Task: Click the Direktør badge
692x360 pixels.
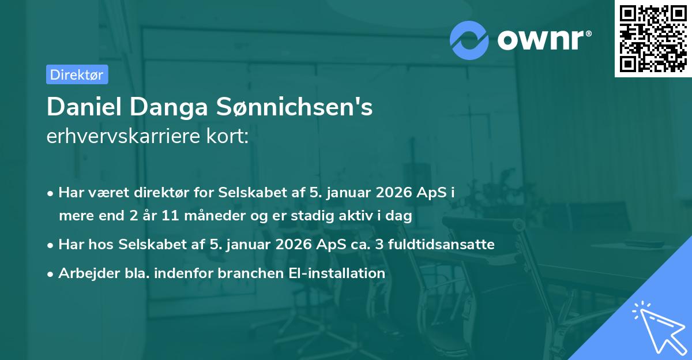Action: point(77,74)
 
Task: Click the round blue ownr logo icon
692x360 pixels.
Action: point(469,40)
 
